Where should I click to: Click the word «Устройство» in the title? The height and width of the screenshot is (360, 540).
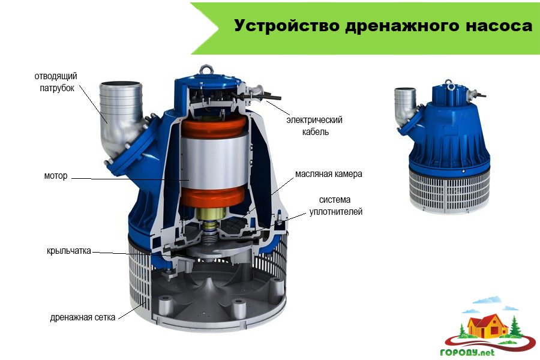(x=287, y=25)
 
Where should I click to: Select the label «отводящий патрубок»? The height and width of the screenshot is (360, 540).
(x=56, y=82)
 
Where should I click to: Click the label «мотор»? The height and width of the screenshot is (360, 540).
(x=56, y=176)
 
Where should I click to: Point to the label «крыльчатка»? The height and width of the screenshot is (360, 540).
(x=69, y=250)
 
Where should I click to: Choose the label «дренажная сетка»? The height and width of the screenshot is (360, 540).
(x=83, y=317)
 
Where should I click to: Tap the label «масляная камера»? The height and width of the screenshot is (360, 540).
(x=329, y=174)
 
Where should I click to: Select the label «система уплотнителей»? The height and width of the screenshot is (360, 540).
(x=336, y=206)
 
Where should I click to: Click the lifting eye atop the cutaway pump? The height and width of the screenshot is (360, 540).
(x=206, y=69)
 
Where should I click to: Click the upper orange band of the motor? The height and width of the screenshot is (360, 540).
(x=214, y=127)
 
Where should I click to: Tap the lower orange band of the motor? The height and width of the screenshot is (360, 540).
(x=214, y=196)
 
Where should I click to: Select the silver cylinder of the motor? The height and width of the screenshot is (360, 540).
(x=214, y=162)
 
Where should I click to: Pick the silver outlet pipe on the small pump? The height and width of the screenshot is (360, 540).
(x=406, y=107)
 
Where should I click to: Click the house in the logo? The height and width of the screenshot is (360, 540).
(x=487, y=326)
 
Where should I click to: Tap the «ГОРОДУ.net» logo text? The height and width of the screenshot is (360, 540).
(x=467, y=352)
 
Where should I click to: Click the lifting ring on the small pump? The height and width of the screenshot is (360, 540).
(x=448, y=83)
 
